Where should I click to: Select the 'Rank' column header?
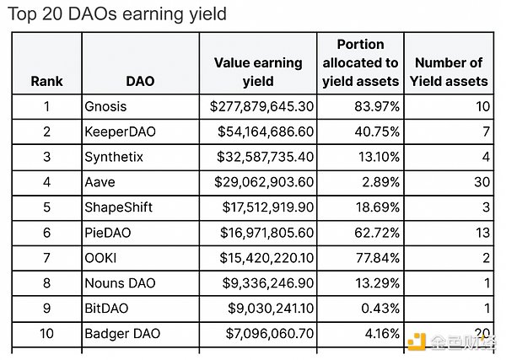click(x=46, y=82)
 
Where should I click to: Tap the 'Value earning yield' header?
click(x=257, y=72)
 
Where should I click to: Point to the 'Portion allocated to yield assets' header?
click(x=360, y=62)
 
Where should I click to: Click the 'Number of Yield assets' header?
click(x=448, y=72)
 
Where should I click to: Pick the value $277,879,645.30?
click(x=261, y=107)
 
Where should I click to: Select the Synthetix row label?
click(x=114, y=158)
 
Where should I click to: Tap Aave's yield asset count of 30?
click(x=479, y=182)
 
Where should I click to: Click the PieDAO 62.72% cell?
click(x=377, y=233)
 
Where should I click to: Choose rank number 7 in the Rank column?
click(x=46, y=258)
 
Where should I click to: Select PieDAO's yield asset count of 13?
click(x=479, y=233)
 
